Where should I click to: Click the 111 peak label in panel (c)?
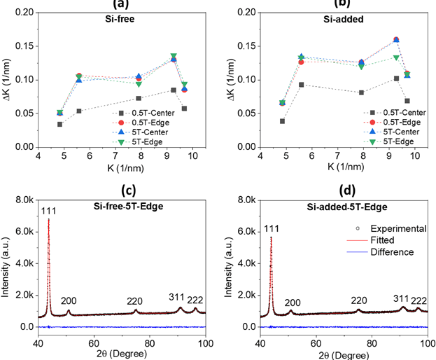[48, 212]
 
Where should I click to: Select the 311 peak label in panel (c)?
[176, 297]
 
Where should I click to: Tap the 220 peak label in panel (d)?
[360, 300]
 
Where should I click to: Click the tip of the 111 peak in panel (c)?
[48, 219]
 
